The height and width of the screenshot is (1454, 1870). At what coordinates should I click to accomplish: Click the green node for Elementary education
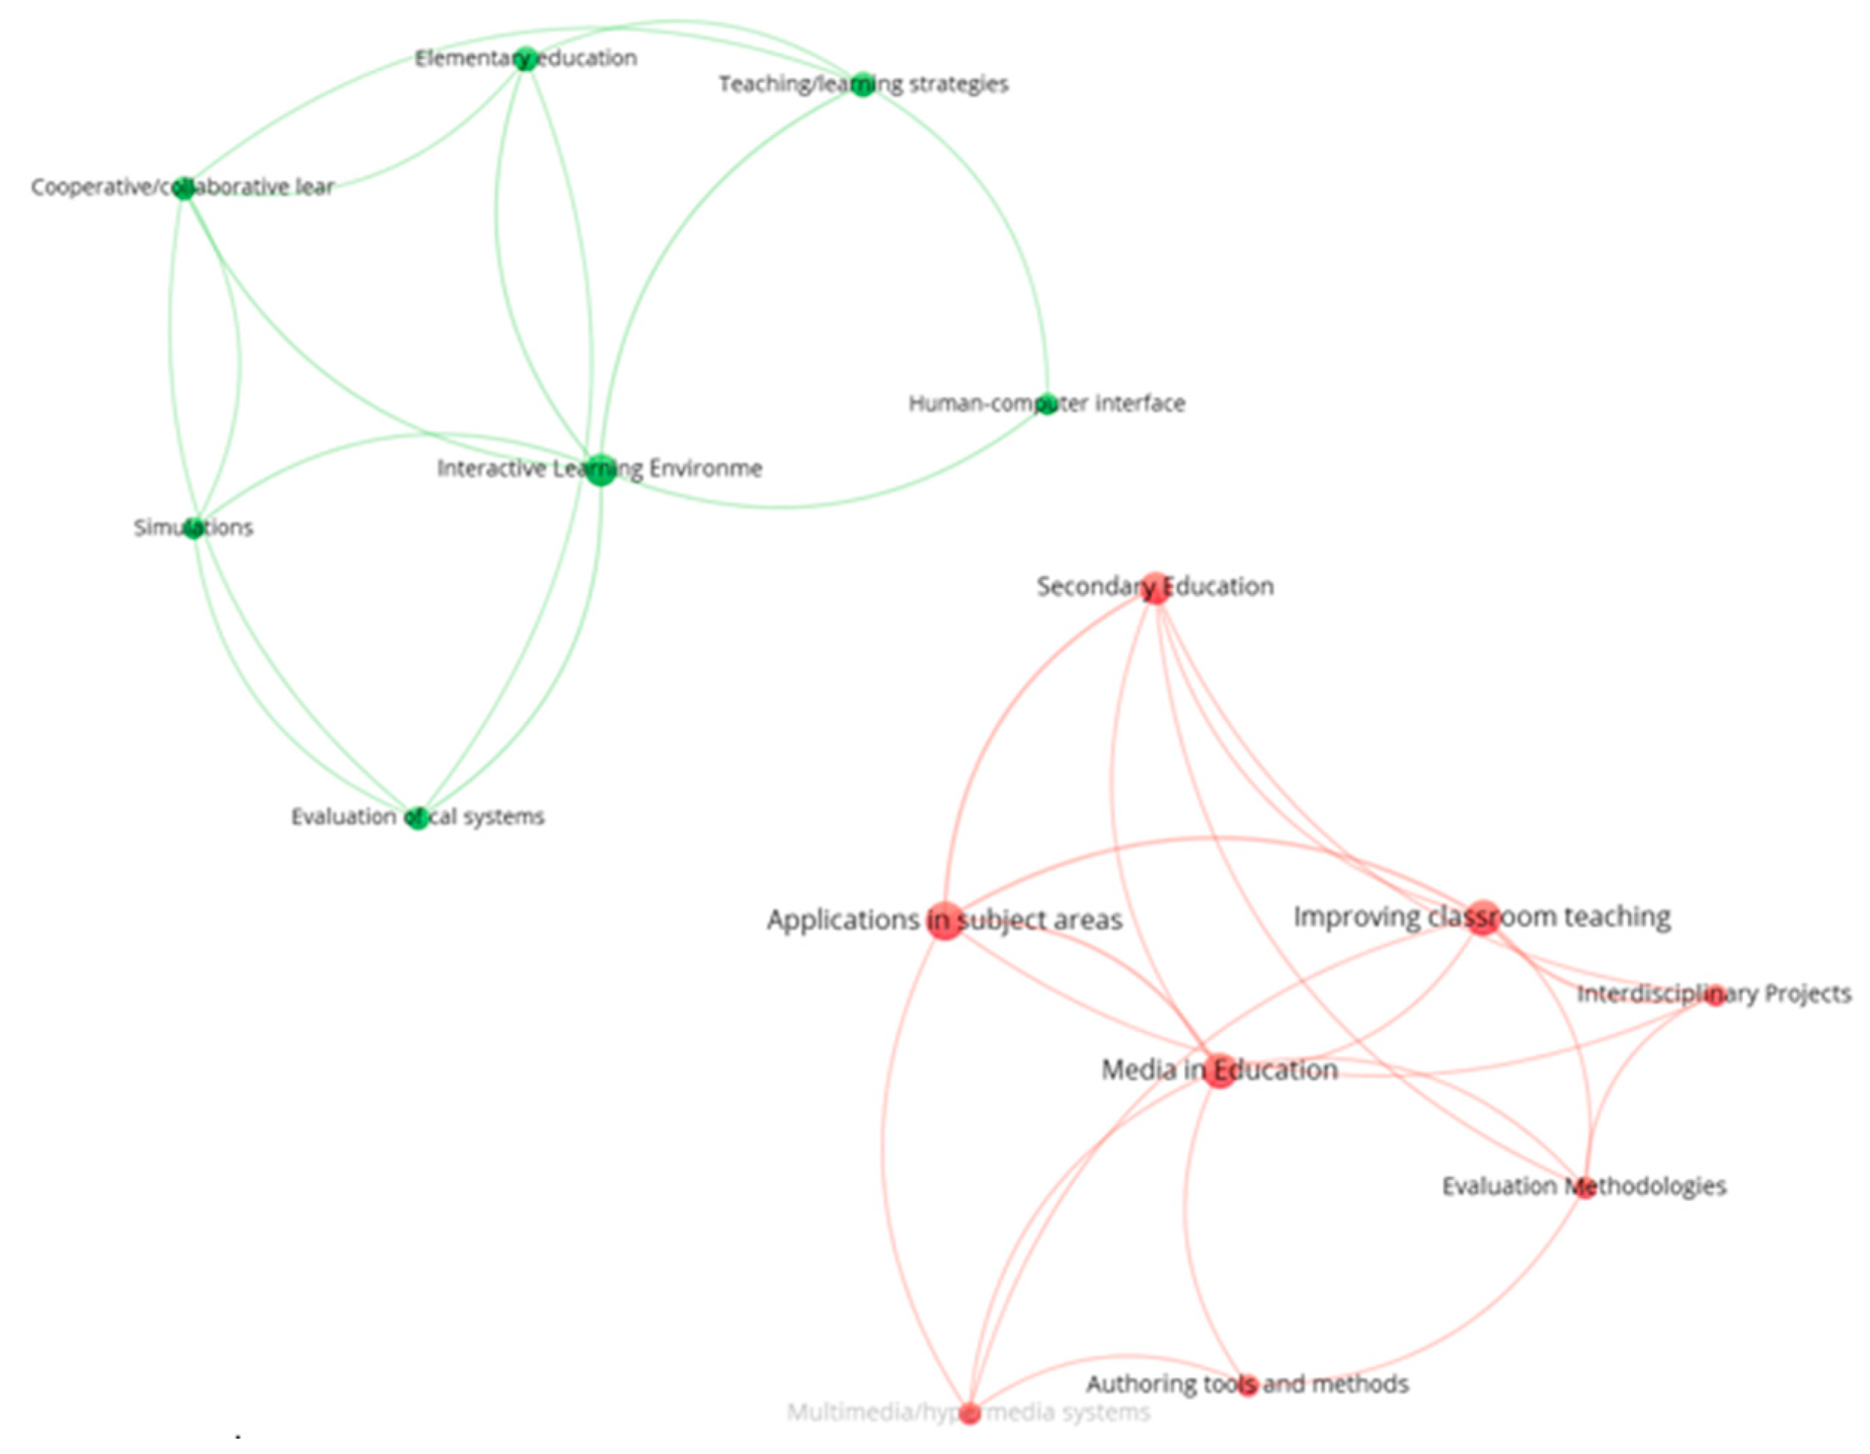pos(526,59)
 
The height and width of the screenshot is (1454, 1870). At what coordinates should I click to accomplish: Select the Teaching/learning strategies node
pos(863,84)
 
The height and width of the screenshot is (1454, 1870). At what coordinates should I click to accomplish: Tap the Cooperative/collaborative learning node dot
pos(184,188)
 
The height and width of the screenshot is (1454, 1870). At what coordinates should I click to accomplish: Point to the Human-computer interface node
pos(1047,404)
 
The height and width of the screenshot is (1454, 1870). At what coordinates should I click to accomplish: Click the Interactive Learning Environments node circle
pos(601,470)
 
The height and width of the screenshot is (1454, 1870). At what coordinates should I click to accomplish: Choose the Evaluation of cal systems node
pos(417,818)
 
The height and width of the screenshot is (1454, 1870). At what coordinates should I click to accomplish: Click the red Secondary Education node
pos(1156,588)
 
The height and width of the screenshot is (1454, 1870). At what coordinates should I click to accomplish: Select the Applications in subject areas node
pos(946,920)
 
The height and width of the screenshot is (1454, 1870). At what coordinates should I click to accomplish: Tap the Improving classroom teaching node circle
pos(1484,918)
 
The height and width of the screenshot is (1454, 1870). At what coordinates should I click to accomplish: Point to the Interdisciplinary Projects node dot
pos(1714,996)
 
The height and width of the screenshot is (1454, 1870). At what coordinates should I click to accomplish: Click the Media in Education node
pos(1219,1071)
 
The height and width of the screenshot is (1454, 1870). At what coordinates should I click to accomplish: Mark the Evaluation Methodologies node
pos(1585,1188)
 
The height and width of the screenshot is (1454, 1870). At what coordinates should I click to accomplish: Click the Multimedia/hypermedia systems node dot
pos(969,1414)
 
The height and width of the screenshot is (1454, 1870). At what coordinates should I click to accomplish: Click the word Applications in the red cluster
pos(843,920)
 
